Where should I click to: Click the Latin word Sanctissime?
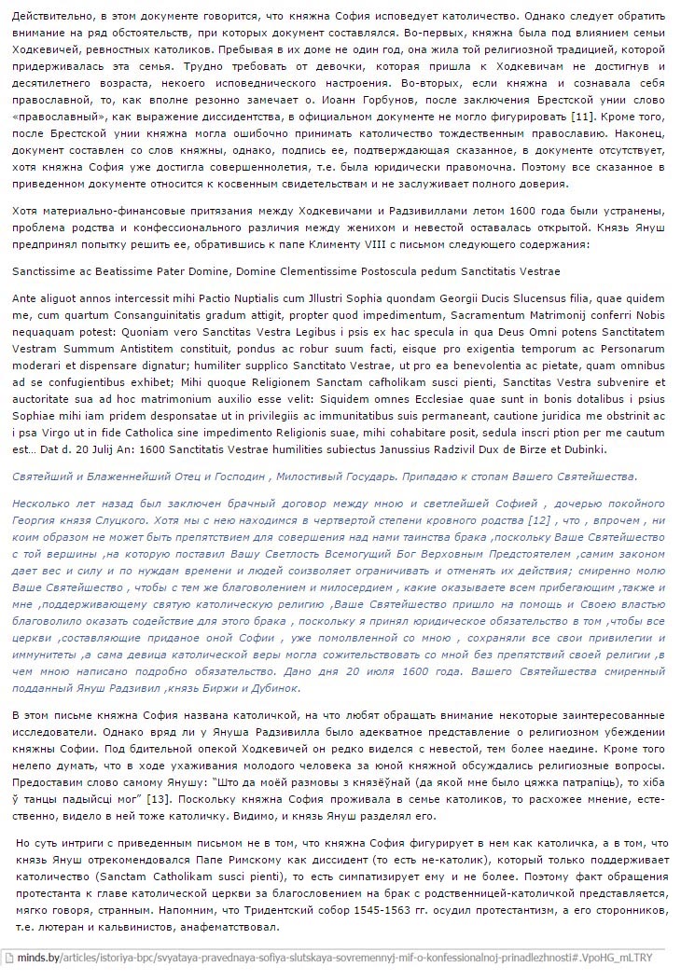point(46,270)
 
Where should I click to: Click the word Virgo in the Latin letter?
point(57,433)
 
